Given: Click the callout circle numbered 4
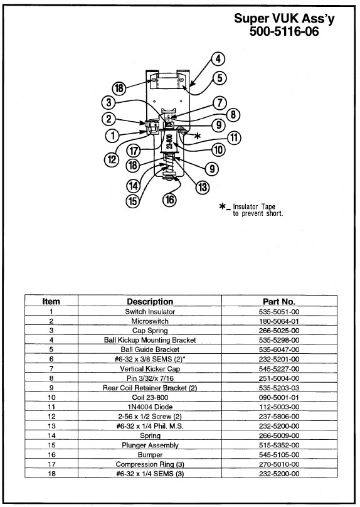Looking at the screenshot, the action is (x=218, y=59).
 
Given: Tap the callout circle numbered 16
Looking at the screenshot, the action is (x=170, y=200).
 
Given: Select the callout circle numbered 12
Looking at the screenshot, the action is (x=112, y=159).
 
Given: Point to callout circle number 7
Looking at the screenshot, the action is (x=220, y=103).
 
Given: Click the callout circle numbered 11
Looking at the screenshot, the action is (x=235, y=138).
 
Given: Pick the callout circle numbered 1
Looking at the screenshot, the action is (x=112, y=135).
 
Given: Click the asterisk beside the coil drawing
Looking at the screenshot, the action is (x=197, y=136).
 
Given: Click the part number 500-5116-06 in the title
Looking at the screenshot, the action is (x=284, y=31).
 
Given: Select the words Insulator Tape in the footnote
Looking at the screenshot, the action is (x=254, y=206).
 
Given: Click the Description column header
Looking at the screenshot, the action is (x=150, y=302).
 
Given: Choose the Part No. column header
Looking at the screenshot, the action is (x=279, y=302).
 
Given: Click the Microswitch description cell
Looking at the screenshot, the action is (x=150, y=321).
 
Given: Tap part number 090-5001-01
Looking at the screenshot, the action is (x=279, y=397).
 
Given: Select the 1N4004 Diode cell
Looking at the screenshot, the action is (x=150, y=407).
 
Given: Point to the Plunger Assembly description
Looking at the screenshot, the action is (x=150, y=446).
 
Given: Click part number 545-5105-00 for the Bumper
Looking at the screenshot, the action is (x=279, y=455).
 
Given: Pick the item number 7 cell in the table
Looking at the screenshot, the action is (x=51, y=368).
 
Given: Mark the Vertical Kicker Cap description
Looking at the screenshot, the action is (x=150, y=368).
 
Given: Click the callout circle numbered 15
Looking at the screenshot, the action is (x=133, y=201).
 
